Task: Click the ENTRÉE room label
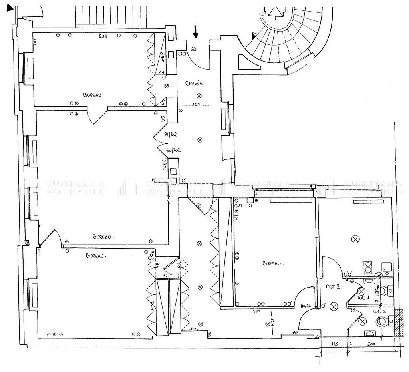coord(195,84)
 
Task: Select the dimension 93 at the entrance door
coord(194,49)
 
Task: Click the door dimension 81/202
coord(171,135)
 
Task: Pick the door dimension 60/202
coord(173,151)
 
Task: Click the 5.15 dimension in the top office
coord(105,37)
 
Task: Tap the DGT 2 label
coord(332,286)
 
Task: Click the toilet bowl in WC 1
coord(384,290)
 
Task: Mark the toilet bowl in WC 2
coord(384,320)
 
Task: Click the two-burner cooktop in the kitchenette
coord(369,267)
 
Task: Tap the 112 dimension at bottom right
coord(335,344)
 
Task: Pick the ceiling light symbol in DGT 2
coord(332,306)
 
